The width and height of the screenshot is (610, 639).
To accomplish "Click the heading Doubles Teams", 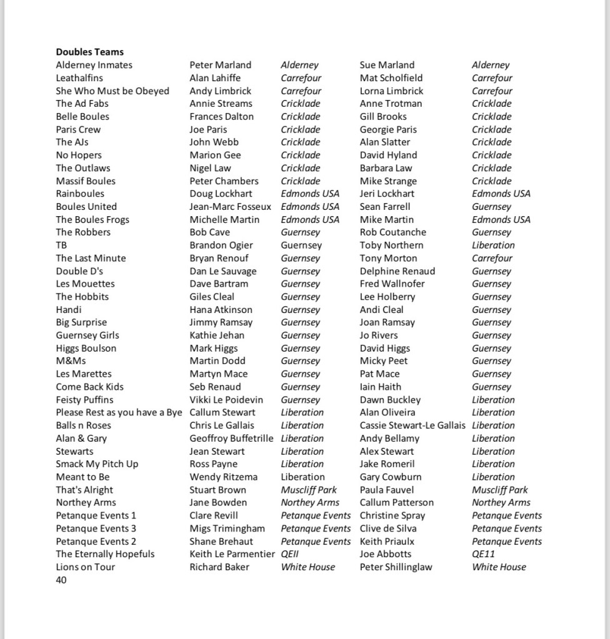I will coord(89,52).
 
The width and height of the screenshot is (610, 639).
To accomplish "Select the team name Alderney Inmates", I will coord(94,65).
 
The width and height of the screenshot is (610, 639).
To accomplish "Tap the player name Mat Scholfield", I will coord(391,78).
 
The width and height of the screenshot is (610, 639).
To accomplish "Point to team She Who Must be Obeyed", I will coord(112,91).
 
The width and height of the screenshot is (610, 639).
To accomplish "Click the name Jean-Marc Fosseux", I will coord(230,207).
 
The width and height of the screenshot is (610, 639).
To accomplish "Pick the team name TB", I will coord(61,245).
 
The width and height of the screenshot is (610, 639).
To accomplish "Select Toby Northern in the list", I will coord(391,245).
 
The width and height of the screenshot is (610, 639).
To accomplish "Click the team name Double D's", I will coord(79,271).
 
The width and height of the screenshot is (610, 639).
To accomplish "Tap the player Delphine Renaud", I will coord(397,271).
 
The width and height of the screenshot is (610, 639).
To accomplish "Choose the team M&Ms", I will coord(71,361).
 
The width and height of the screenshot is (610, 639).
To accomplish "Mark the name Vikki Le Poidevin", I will coord(226,400).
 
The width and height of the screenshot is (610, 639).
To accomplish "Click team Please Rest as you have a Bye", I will coord(119,412).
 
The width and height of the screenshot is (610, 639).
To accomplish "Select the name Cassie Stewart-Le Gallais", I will coord(412,425).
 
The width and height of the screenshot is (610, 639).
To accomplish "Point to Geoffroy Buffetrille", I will coord(231,438).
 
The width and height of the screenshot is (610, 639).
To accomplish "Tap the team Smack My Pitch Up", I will coord(97,464).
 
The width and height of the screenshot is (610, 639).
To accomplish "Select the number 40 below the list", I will coord(61,580).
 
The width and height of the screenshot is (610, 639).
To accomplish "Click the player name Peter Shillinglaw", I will coord(396,567).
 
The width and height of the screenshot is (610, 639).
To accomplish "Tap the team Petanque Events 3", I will coord(96,528).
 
